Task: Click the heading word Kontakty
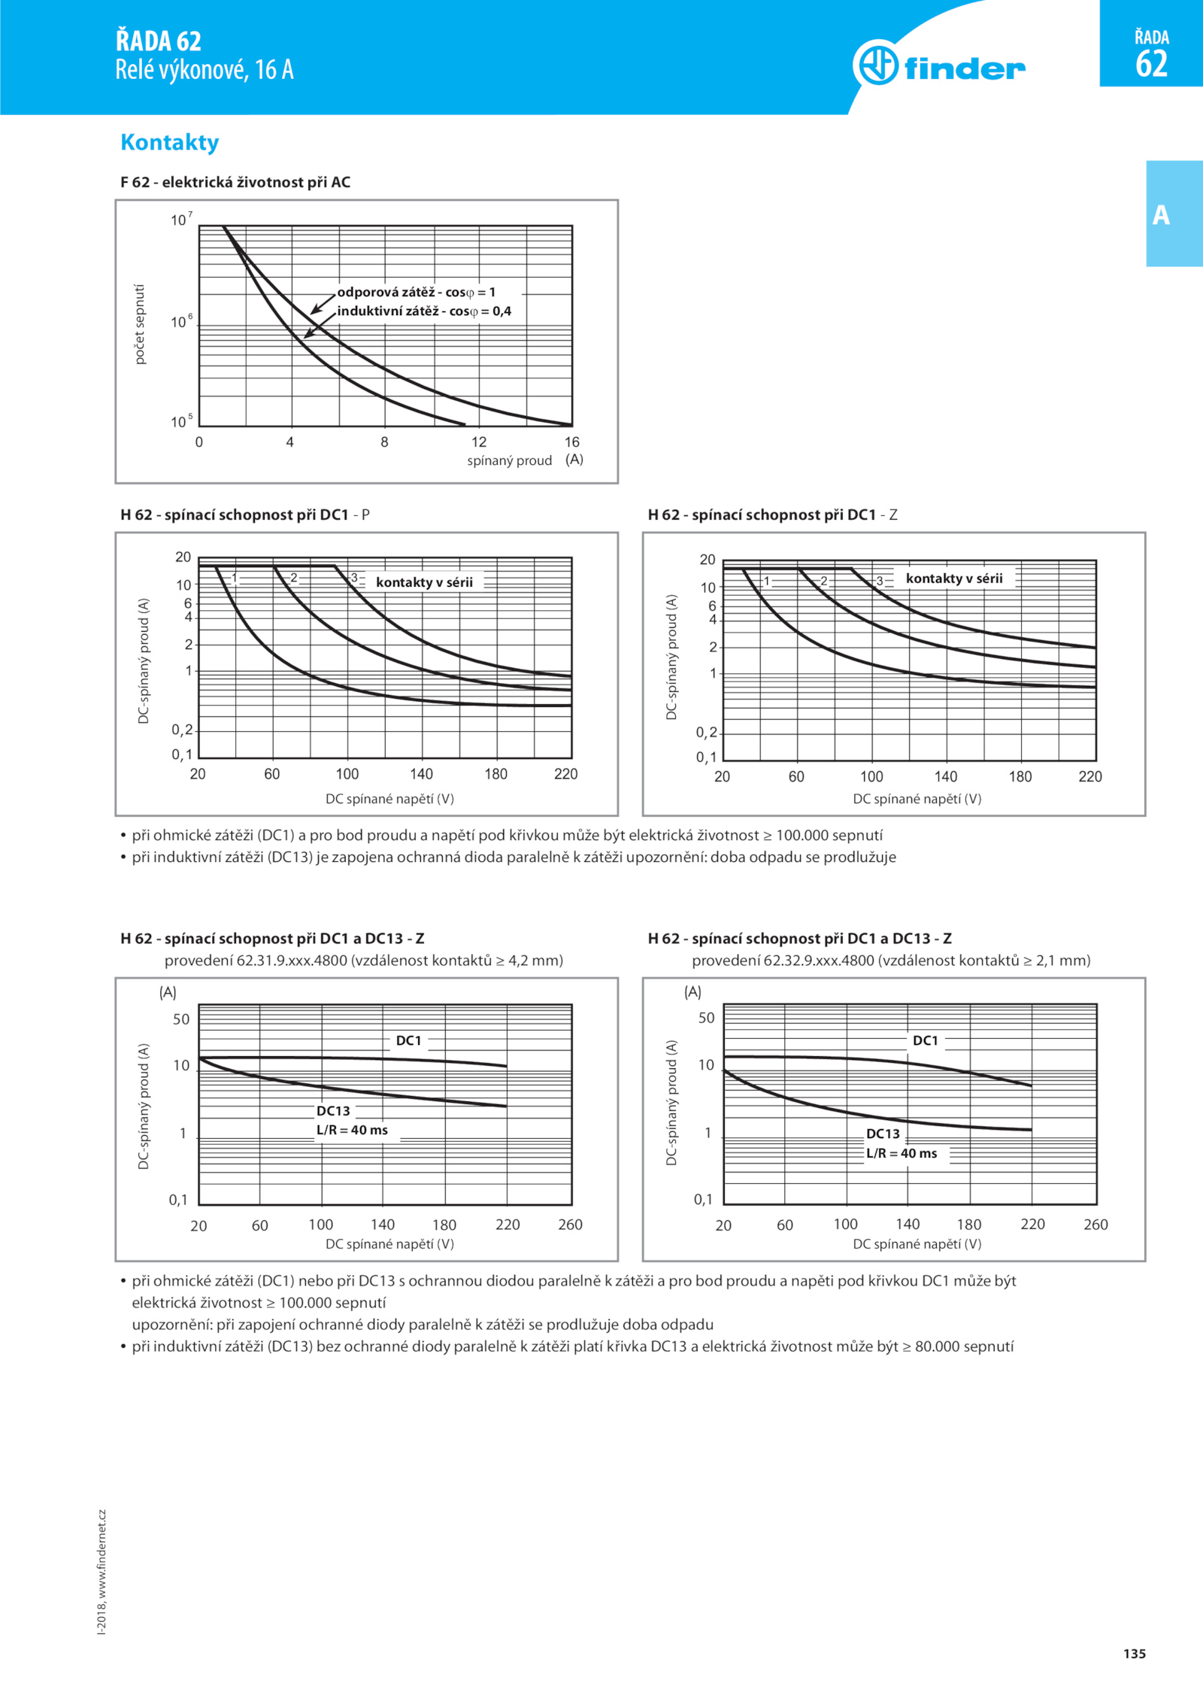tap(170, 142)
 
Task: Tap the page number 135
tap(1135, 1653)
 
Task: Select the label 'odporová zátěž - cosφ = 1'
tap(416, 292)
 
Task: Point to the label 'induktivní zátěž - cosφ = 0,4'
tap(424, 311)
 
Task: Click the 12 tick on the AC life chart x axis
tap(479, 442)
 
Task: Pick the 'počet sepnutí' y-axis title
tap(139, 324)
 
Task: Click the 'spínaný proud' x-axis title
tap(509, 460)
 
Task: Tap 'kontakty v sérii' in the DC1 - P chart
tap(424, 581)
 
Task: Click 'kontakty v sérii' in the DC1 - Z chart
tap(954, 578)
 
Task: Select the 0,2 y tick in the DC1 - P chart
tap(182, 730)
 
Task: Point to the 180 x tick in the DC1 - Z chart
tap(1020, 776)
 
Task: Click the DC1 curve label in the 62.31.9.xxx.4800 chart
tap(408, 1040)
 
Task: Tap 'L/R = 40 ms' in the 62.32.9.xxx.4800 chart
tap(901, 1153)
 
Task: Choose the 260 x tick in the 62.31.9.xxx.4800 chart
tap(570, 1225)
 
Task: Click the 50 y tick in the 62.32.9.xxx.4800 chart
tap(707, 1018)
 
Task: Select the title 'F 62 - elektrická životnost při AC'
tap(235, 182)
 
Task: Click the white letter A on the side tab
tap(1161, 215)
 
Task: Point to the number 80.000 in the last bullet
tap(937, 1346)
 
